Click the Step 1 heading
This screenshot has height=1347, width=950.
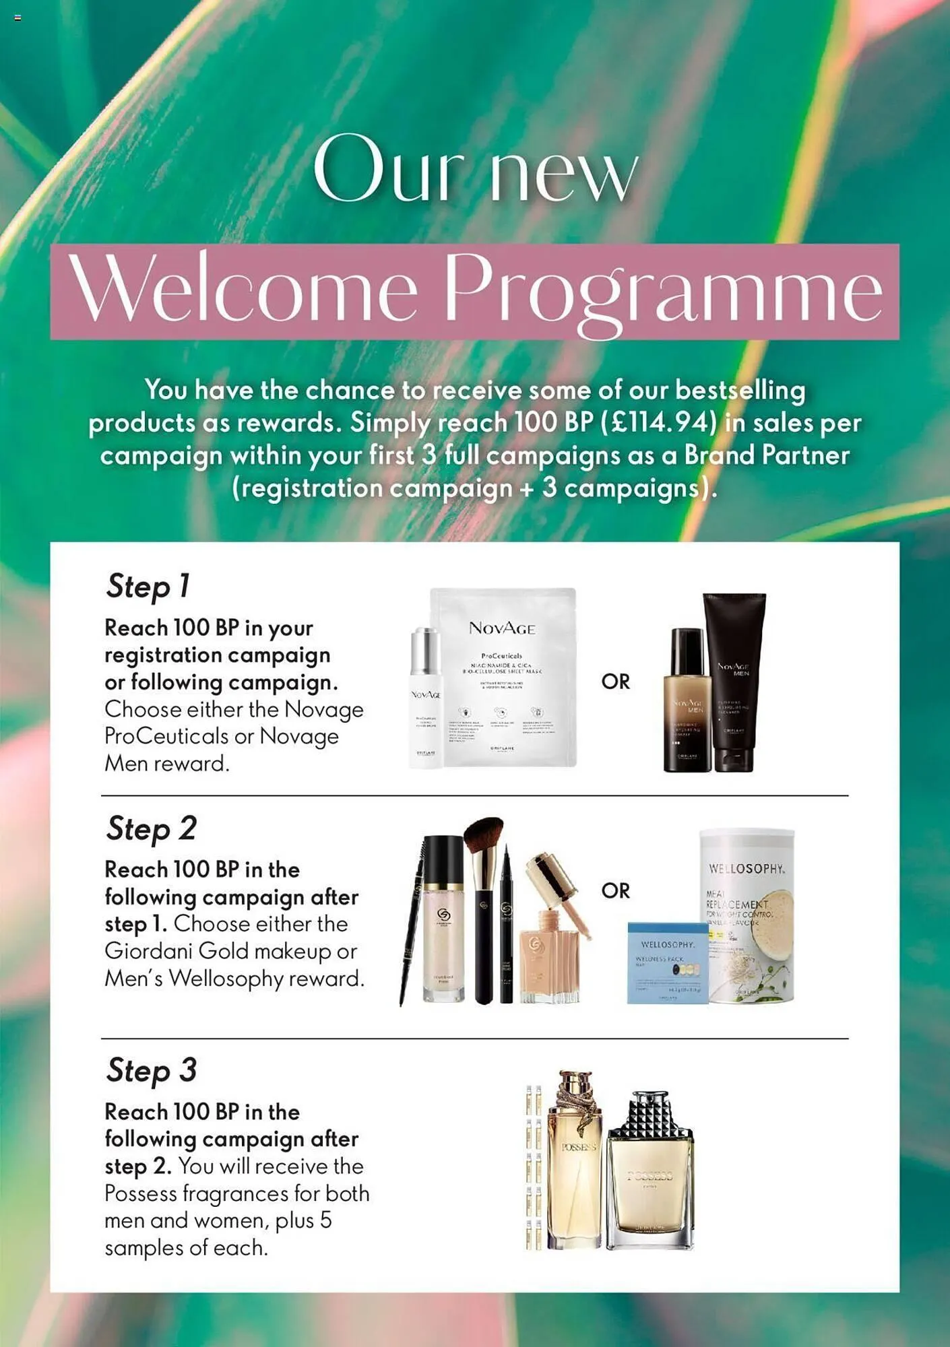(x=148, y=587)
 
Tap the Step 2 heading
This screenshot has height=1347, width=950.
(x=151, y=829)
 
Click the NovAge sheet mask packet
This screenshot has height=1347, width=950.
(x=503, y=677)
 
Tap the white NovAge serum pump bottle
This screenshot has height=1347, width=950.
(x=425, y=697)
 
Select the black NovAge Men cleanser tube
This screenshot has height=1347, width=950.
(x=734, y=680)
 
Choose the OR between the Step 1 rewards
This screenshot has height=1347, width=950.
(x=615, y=682)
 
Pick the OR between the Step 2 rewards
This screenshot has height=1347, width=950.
(x=615, y=890)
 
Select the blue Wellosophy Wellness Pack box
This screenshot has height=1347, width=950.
(x=667, y=963)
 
